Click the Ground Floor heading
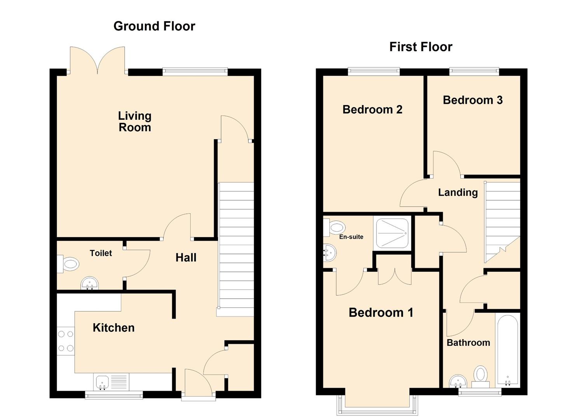(x=154, y=26)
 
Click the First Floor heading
(x=420, y=47)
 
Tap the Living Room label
(x=134, y=121)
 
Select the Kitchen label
(x=113, y=327)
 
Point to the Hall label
(x=186, y=257)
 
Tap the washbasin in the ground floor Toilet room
(x=90, y=284)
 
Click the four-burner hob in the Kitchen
(x=66, y=341)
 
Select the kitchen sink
(x=103, y=381)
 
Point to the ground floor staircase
(x=236, y=249)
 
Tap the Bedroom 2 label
(x=372, y=110)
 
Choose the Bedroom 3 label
(x=472, y=100)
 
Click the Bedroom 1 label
(x=380, y=312)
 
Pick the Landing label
(x=458, y=192)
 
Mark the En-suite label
(x=351, y=237)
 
